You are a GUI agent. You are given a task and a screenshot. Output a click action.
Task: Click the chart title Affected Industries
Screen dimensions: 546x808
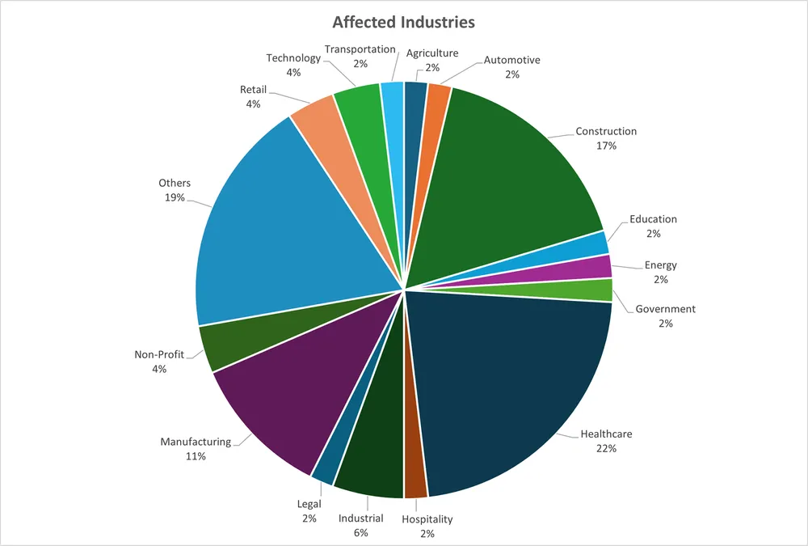coord(404,22)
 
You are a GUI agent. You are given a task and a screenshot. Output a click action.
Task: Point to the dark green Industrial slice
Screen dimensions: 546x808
coord(372,461)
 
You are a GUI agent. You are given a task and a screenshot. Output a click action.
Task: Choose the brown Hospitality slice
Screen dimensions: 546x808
coord(415,477)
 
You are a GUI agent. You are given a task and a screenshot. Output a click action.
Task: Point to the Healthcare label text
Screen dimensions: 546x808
coord(606,434)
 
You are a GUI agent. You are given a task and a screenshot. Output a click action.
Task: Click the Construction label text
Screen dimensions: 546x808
coord(606,131)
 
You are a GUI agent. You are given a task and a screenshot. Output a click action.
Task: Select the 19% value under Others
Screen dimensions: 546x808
coord(175,197)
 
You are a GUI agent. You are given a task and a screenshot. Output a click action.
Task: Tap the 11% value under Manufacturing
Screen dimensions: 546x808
coord(195,456)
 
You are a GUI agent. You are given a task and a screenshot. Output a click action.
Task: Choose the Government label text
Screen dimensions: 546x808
coord(665,309)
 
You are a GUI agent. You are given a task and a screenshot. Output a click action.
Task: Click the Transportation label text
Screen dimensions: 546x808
coord(360,50)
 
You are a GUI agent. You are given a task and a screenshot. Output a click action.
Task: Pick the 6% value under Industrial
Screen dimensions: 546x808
coord(360,533)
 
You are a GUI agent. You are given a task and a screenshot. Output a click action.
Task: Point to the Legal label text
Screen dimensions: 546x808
coord(309,505)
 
